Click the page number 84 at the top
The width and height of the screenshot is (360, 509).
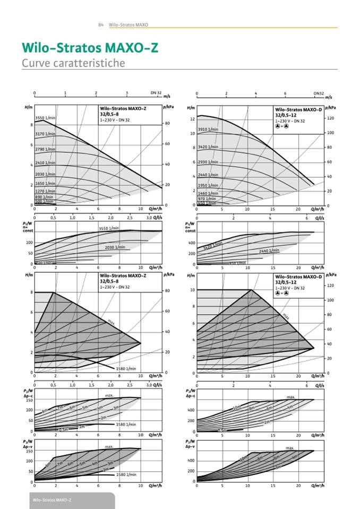coord(100,24)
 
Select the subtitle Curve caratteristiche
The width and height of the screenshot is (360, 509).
coord(73,63)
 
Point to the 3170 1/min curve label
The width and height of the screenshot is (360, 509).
coord(45,134)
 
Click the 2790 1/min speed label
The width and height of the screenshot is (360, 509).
coord(45,149)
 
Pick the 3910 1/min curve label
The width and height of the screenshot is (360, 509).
coord(208,130)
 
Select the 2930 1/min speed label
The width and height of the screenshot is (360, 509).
coord(208,161)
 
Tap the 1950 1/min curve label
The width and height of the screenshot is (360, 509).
coord(208,185)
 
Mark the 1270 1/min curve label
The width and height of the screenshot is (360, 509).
coord(45,191)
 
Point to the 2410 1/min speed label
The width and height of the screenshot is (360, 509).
coord(45,163)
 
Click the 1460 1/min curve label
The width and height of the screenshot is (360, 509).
coord(208,193)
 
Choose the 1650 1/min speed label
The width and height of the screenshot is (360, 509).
coord(45,183)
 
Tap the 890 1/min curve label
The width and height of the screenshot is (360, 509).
coord(44,197)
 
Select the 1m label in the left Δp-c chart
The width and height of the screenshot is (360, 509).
coord(82,426)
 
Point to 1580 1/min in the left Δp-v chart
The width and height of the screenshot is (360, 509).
coord(126,474)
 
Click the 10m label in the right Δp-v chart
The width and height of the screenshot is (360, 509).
coord(244,458)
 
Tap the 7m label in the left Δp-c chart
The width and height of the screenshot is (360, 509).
coord(60,408)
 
